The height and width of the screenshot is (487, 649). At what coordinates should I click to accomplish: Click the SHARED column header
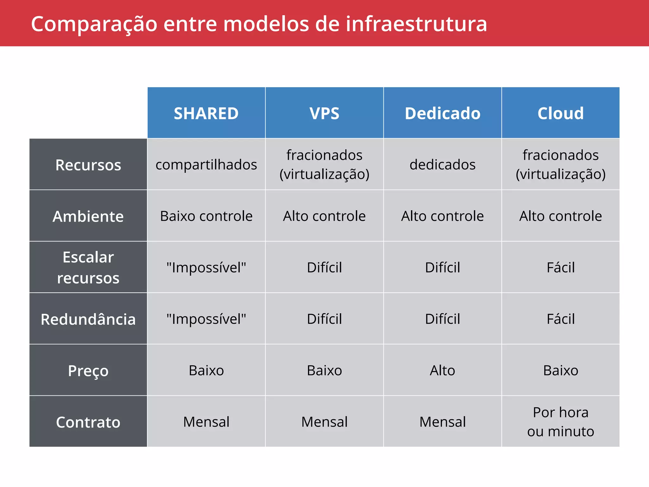[x=206, y=113]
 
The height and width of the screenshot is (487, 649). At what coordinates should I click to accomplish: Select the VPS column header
[x=324, y=113]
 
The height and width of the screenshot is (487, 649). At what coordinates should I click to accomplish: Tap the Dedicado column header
[x=442, y=113]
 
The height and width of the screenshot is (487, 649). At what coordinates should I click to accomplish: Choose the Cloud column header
[x=560, y=113]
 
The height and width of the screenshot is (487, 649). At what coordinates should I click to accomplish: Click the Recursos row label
[x=88, y=165]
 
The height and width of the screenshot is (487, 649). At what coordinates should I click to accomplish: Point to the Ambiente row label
[x=88, y=216]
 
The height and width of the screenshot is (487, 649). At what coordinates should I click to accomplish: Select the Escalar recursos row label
[x=88, y=267]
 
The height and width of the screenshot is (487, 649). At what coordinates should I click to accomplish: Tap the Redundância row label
[x=88, y=319]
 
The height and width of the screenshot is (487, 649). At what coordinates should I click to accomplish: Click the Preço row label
[x=88, y=370]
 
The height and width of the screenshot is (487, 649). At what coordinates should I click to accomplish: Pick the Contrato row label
[x=88, y=422]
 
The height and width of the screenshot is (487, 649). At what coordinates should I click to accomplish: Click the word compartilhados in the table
[x=206, y=165]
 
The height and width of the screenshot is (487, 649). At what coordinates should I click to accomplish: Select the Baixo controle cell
[x=206, y=216]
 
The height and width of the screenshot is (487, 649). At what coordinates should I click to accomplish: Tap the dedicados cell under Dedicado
[x=442, y=165]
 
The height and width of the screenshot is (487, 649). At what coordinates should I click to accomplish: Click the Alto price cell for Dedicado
[x=442, y=370]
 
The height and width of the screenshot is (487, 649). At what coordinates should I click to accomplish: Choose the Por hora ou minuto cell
[x=560, y=422]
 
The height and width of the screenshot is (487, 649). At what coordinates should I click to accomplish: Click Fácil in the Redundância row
[x=560, y=319]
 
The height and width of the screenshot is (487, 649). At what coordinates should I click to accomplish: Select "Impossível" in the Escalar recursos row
[x=206, y=268]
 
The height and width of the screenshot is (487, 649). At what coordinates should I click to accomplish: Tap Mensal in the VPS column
[x=324, y=422]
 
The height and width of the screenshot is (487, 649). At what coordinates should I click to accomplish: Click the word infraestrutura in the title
[x=416, y=24]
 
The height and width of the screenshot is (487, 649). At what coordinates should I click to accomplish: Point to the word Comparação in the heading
[x=94, y=24]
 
